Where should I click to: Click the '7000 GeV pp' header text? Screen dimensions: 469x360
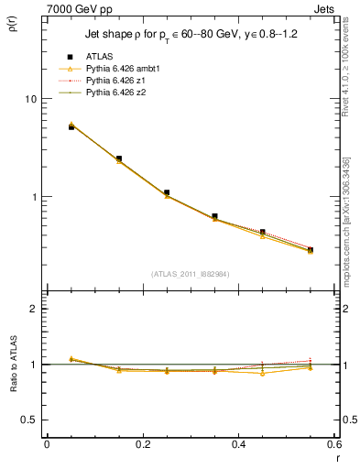click(x=75, y=7)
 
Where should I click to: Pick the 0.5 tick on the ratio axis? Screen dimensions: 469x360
click(x=31, y=420)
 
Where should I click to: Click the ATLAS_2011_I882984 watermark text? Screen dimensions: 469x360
click(x=190, y=273)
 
